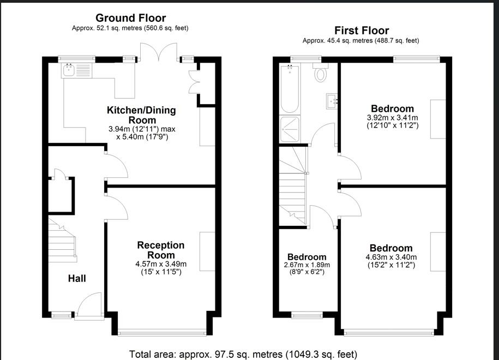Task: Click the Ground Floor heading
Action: tap(130, 18)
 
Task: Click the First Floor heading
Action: tap(362, 31)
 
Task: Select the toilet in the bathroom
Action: tap(321, 72)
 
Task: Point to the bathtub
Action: tap(290, 89)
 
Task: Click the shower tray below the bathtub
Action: tap(290, 129)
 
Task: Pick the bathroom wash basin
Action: tap(332, 101)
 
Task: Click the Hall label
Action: tap(77, 279)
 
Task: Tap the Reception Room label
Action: tap(161, 250)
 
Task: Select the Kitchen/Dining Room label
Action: tap(141, 115)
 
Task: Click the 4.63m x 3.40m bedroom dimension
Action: tap(391, 257)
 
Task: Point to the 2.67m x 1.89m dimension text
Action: tap(307, 265)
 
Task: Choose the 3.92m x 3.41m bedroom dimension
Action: tap(393, 117)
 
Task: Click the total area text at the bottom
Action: tap(243, 354)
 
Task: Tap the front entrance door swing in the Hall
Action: tap(89, 304)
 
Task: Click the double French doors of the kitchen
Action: tap(159, 52)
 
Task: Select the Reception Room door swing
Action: tap(117, 207)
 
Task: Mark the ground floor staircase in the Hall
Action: tap(62, 240)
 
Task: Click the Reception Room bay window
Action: tap(161, 333)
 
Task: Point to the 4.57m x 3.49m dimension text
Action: tap(161, 264)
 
